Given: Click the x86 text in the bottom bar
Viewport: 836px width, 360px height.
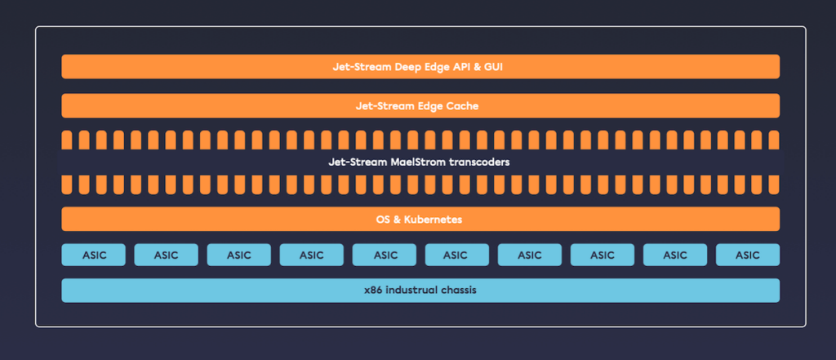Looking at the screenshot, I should pos(375,291).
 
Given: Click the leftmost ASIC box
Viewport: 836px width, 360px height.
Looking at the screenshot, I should pos(94,255).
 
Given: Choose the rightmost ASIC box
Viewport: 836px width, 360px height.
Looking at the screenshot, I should pos(748,255).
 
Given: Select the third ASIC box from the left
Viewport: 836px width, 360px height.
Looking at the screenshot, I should pos(239,255).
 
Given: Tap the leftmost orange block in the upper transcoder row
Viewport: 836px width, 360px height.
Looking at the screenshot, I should pos(67,140).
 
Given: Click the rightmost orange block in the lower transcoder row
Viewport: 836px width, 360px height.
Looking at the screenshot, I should pos(774,184).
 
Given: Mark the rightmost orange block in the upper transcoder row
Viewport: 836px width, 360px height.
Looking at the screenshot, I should pos(774,140).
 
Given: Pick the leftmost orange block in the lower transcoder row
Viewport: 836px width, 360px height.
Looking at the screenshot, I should pos(67,184).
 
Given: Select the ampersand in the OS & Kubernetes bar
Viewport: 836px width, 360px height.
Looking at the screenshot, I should pos(399,220).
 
